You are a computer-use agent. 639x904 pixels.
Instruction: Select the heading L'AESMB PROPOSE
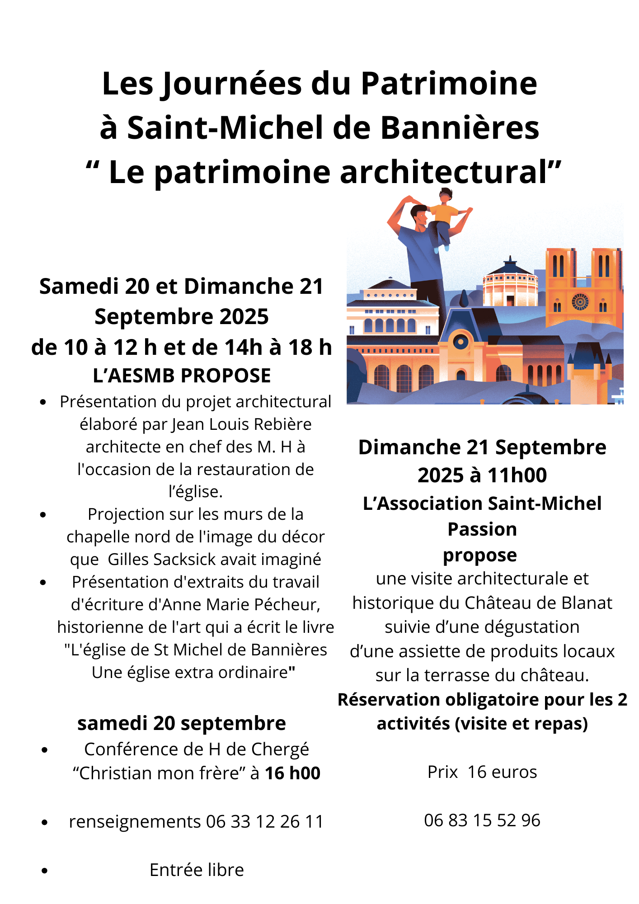tap(182, 376)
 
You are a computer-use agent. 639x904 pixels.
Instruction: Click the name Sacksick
tap(184, 560)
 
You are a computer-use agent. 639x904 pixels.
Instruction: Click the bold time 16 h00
tap(292, 773)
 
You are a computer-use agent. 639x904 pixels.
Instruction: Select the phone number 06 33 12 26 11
tap(265, 822)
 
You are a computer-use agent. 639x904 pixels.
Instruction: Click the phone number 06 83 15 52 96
tap(482, 820)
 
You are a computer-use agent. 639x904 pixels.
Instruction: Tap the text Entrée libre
tap(197, 870)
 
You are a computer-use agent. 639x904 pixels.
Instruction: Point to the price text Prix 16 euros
tap(482, 772)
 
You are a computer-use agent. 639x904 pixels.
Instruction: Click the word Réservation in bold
tap(389, 700)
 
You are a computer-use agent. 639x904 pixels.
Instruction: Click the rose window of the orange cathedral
tap(580, 302)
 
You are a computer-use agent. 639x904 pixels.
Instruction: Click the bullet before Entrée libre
tap(44, 871)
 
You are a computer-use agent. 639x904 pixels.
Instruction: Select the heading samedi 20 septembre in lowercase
tap(182, 723)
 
